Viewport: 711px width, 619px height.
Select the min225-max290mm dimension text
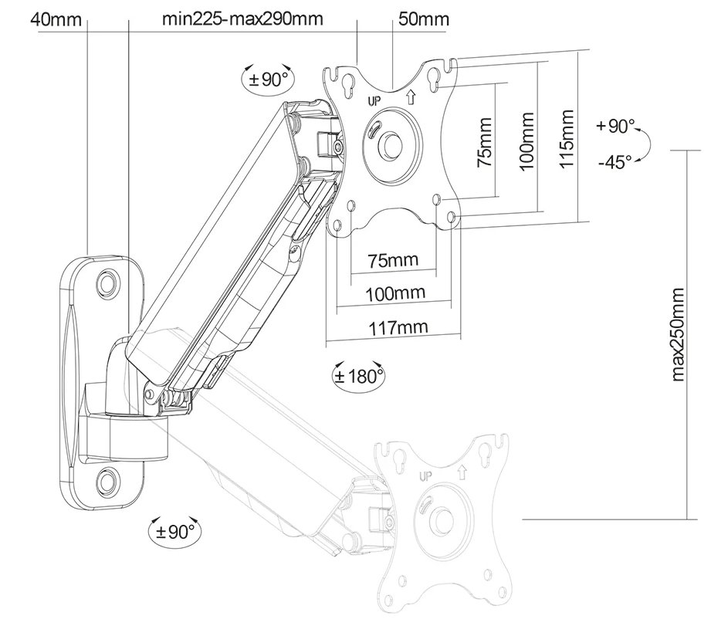[242, 18]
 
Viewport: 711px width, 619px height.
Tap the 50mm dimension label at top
[422, 18]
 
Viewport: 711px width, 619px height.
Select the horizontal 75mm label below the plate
[393, 260]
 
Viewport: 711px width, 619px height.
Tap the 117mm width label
[393, 327]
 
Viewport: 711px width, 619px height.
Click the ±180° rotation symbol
[358, 376]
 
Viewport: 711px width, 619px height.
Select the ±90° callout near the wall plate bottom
[174, 531]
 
